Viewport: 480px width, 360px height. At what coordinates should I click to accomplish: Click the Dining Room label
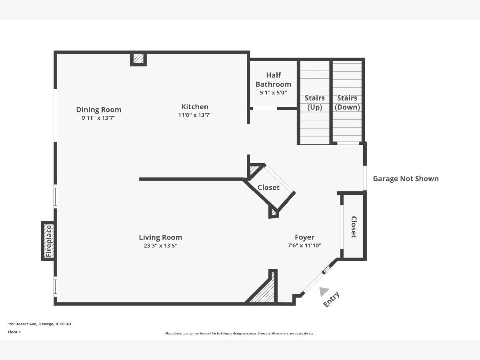tap(99, 110)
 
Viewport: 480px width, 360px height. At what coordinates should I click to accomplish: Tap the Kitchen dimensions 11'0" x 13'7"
tap(195, 115)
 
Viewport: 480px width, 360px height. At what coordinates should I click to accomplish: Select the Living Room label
tap(160, 237)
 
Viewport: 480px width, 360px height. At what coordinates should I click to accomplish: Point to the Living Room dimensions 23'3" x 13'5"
tap(160, 246)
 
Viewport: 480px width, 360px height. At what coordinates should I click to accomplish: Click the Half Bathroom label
tap(273, 80)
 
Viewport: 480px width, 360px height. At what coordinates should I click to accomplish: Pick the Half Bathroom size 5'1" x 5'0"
tap(273, 93)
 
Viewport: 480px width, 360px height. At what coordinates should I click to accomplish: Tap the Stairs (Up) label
tap(315, 102)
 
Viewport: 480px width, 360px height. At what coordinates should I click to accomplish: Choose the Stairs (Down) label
tap(347, 102)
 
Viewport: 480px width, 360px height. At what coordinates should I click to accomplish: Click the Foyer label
tap(304, 237)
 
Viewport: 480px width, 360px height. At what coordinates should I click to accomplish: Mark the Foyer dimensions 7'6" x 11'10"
tap(304, 246)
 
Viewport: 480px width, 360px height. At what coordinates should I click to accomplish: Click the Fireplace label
tap(48, 241)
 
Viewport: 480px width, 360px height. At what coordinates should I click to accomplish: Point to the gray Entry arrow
tap(324, 292)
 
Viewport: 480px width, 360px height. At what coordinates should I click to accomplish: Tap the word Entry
tap(332, 299)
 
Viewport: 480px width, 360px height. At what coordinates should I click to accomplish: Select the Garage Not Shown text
tap(406, 178)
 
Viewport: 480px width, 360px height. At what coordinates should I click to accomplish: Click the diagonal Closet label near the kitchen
tap(268, 187)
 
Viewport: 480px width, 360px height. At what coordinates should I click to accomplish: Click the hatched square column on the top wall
tap(138, 58)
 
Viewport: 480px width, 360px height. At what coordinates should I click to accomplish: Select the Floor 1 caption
tap(14, 332)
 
